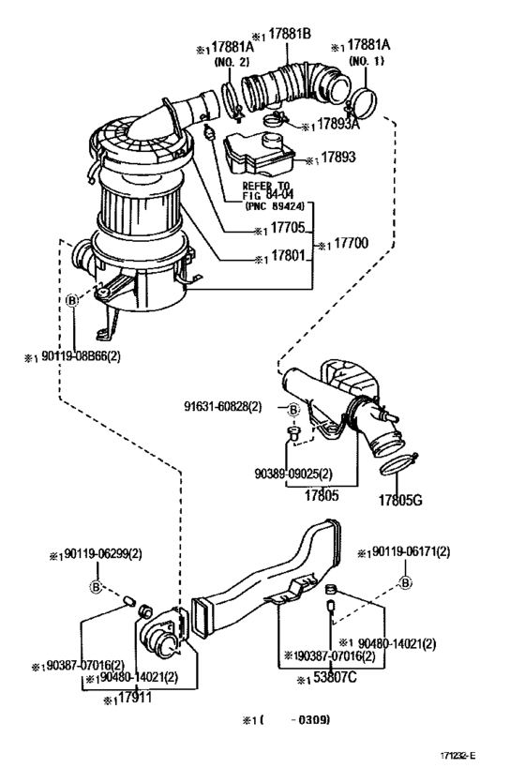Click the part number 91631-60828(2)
tap(223, 406)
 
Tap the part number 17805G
tap(400, 500)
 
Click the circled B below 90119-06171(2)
tap(405, 583)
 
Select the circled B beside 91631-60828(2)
tap(292, 409)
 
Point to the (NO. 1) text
tap(359, 61)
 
